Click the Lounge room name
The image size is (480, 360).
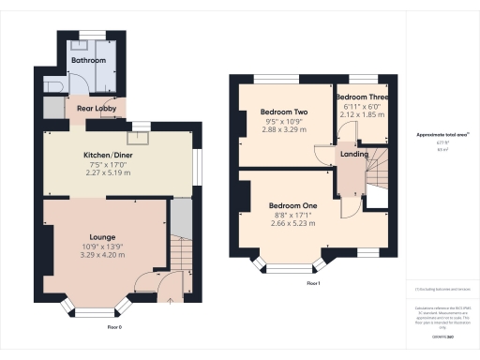click(102, 237)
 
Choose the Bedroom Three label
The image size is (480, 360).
click(362, 97)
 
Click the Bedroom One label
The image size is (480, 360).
click(292, 205)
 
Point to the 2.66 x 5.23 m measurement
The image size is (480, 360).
click(292, 224)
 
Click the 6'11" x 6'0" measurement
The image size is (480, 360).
click(362, 107)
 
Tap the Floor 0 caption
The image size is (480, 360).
click(114, 327)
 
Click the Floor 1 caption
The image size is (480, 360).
click(313, 283)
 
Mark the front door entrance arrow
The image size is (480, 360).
click(170, 302)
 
